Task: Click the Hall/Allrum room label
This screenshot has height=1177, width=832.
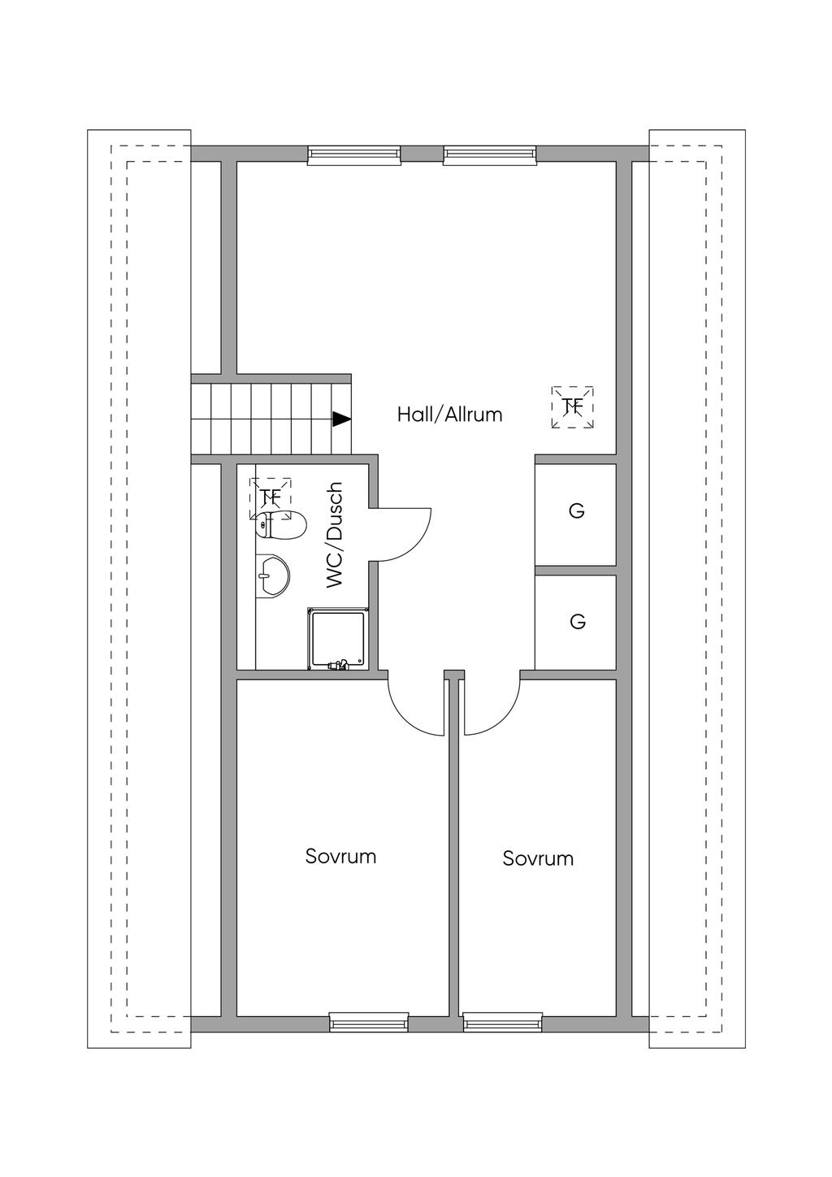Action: (x=449, y=415)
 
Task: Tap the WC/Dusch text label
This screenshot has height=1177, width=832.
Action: (x=335, y=535)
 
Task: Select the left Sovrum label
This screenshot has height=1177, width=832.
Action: (x=341, y=856)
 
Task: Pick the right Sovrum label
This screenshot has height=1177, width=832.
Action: (x=538, y=858)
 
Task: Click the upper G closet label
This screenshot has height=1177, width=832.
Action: (x=576, y=510)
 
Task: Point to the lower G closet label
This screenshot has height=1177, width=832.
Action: (x=577, y=622)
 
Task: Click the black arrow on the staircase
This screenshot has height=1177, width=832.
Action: (x=342, y=419)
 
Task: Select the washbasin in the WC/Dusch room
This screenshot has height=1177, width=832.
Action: (x=273, y=575)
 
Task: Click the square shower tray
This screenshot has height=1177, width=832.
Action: (x=338, y=639)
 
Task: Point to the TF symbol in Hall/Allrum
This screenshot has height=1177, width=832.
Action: (x=573, y=406)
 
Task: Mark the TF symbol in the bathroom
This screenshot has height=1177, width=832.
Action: (x=271, y=498)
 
